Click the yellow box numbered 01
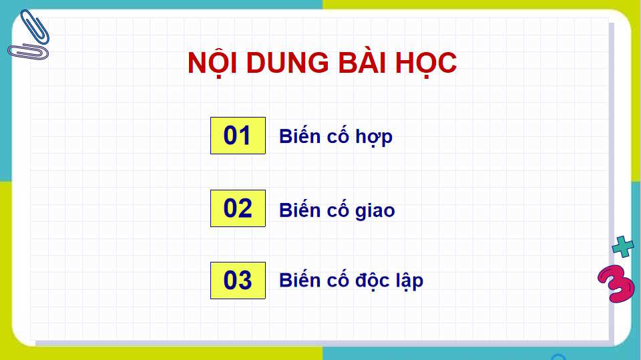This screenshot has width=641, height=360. click(x=238, y=136)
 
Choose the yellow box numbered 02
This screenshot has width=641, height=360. click(x=238, y=208)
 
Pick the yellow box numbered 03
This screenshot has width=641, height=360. click(x=238, y=281)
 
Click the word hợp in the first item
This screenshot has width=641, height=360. click(x=376, y=138)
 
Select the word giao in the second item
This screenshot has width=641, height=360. click(x=377, y=211)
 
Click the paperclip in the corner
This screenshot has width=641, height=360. click(x=29, y=35)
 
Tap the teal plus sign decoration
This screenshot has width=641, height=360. click(x=623, y=247)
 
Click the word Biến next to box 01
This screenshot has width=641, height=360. click(x=300, y=136)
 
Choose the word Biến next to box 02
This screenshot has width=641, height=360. click(x=300, y=210)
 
